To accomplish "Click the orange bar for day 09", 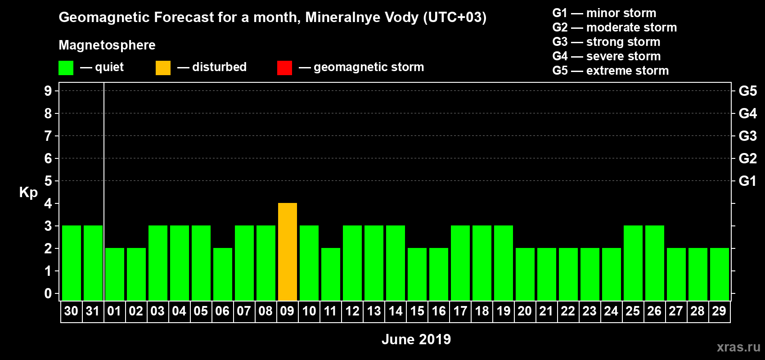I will click(x=288, y=252).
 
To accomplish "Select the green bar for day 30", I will click(x=72, y=263).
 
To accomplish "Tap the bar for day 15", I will click(x=417, y=274).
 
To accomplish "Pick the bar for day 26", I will click(x=655, y=263).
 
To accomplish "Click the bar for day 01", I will click(x=115, y=274).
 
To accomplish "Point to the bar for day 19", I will click(x=504, y=263).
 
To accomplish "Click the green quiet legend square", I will click(x=66, y=68).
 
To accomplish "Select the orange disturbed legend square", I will click(x=163, y=68).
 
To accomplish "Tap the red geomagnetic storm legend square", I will click(x=284, y=68).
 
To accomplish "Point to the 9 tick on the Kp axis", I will click(x=48, y=91).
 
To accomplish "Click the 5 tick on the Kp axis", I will click(x=48, y=181).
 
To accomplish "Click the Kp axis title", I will click(x=28, y=193).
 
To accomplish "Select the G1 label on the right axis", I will click(x=747, y=181).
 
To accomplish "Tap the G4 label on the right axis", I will click(x=747, y=113).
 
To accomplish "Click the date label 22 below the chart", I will click(x=568, y=311).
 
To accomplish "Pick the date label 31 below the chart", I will click(x=93, y=311).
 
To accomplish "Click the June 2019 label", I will click(x=416, y=339).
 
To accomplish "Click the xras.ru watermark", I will click(x=738, y=347).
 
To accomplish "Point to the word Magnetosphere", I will click(x=107, y=45).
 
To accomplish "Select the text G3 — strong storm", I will click(x=606, y=42).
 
